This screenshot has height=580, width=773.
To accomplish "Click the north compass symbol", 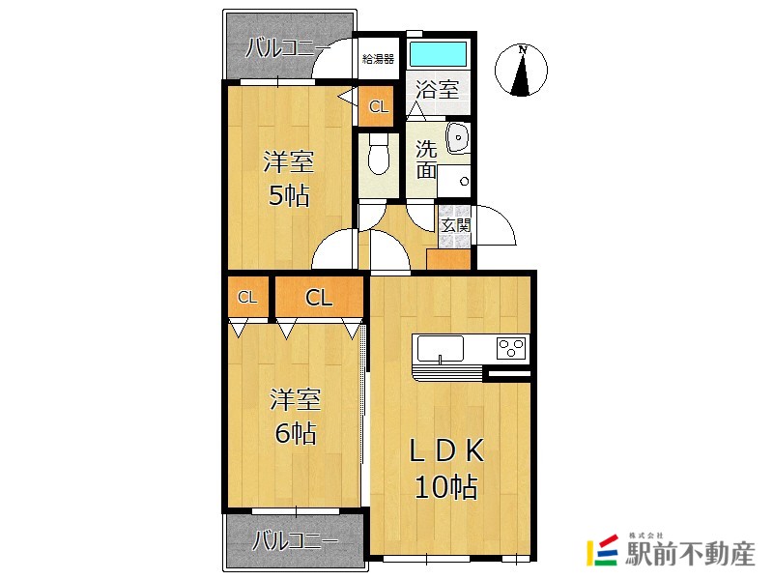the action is pos(521,70).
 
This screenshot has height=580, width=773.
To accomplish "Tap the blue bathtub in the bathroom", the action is pos(438,53).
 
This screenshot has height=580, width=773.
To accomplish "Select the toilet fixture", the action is pos(378,154).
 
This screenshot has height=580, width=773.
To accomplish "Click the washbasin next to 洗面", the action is pos(457,138).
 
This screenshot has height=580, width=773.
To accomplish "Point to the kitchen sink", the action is pos(441,349).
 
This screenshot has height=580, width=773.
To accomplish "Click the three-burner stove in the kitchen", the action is pos(512,348).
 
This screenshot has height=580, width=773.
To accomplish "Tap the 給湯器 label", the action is pos(378,59).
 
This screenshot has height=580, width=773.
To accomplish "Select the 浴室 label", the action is pos(437,90).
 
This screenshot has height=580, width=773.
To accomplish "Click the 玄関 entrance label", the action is pos(456,225).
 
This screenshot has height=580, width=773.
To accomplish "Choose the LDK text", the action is pos(446,450).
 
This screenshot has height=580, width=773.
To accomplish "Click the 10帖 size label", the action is pos(446,487).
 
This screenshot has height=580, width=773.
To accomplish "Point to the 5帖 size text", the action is pos(289,195).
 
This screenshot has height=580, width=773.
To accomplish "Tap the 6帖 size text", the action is pos(296,433).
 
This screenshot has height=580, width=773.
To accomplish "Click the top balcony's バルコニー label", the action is pos(288,48).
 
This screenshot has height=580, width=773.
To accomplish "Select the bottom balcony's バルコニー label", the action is pos(295,540).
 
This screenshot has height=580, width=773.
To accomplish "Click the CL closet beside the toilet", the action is pos(379,106).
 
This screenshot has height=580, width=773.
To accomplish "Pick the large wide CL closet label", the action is pos(319,298).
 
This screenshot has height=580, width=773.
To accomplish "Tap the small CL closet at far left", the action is pos(247,298).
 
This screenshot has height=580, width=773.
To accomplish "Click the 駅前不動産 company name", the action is pos(690,554).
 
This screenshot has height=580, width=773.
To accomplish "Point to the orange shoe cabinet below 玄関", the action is pos(448,259).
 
